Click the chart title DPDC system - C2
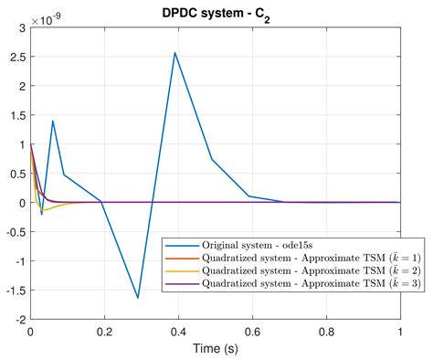(216, 8)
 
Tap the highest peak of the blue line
(174, 52)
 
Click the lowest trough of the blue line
(138, 298)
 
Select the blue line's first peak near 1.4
(53, 121)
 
